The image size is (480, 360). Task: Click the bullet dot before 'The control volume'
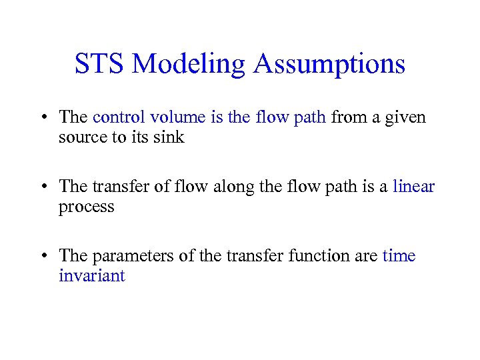tap(42, 118)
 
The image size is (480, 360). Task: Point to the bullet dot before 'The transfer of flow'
tap(42, 187)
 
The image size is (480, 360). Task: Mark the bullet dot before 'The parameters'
tap(42, 257)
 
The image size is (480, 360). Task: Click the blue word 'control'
tap(119, 117)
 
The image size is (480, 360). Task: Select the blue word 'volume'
tap(178, 117)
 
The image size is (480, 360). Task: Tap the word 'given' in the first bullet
tap(407, 118)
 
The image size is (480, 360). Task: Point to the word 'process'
tap(87, 207)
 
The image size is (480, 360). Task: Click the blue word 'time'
tap(399, 256)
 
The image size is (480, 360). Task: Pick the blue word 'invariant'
tap(92, 276)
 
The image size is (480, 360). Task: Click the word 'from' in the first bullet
tap(347, 117)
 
